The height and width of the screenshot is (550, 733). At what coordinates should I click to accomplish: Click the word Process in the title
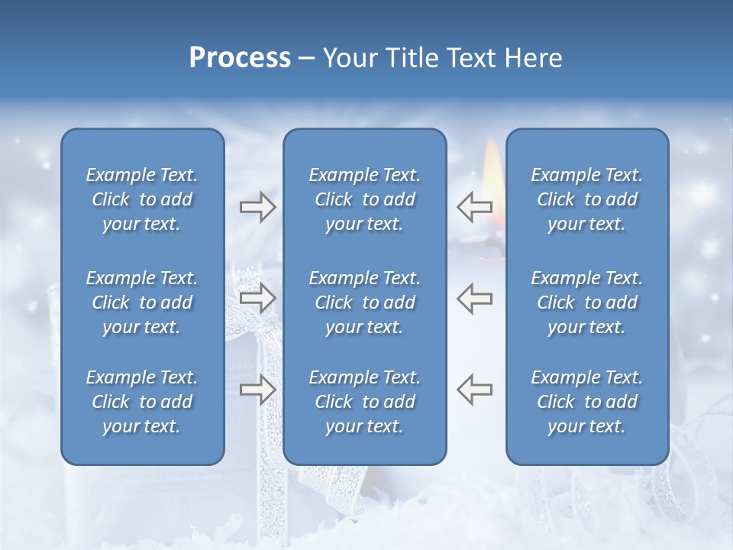pyautogui.click(x=240, y=58)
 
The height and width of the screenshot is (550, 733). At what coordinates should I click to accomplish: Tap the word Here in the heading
pyautogui.click(x=532, y=58)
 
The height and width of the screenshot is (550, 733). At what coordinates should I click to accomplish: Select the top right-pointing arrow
pyautogui.click(x=257, y=207)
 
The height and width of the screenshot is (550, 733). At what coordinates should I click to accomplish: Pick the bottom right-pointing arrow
pyautogui.click(x=257, y=389)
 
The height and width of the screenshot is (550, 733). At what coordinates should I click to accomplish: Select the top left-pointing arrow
pyautogui.click(x=474, y=205)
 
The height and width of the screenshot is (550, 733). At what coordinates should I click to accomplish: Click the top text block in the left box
pyautogui.click(x=142, y=199)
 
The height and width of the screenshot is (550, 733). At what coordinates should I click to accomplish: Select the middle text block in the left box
pyautogui.click(x=142, y=302)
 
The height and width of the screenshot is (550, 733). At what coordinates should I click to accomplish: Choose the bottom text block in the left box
pyautogui.click(x=142, y=402)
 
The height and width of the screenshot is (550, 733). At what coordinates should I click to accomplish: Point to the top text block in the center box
pyautogui.click(x=365, y=199)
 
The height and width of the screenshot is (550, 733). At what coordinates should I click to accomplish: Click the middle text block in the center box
pyautogui.click(x=365, y=302)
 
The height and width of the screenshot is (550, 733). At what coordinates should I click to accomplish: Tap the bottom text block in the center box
pyautogui.click(x=365, y=402)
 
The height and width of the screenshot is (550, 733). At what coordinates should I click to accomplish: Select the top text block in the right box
pyautogui.click(x=587, y=199)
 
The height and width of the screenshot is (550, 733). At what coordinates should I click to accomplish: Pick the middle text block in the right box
pyautogui.click(x=587, y=302)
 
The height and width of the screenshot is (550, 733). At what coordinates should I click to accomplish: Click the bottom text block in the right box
pyautogui.click(x=587, y=402)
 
